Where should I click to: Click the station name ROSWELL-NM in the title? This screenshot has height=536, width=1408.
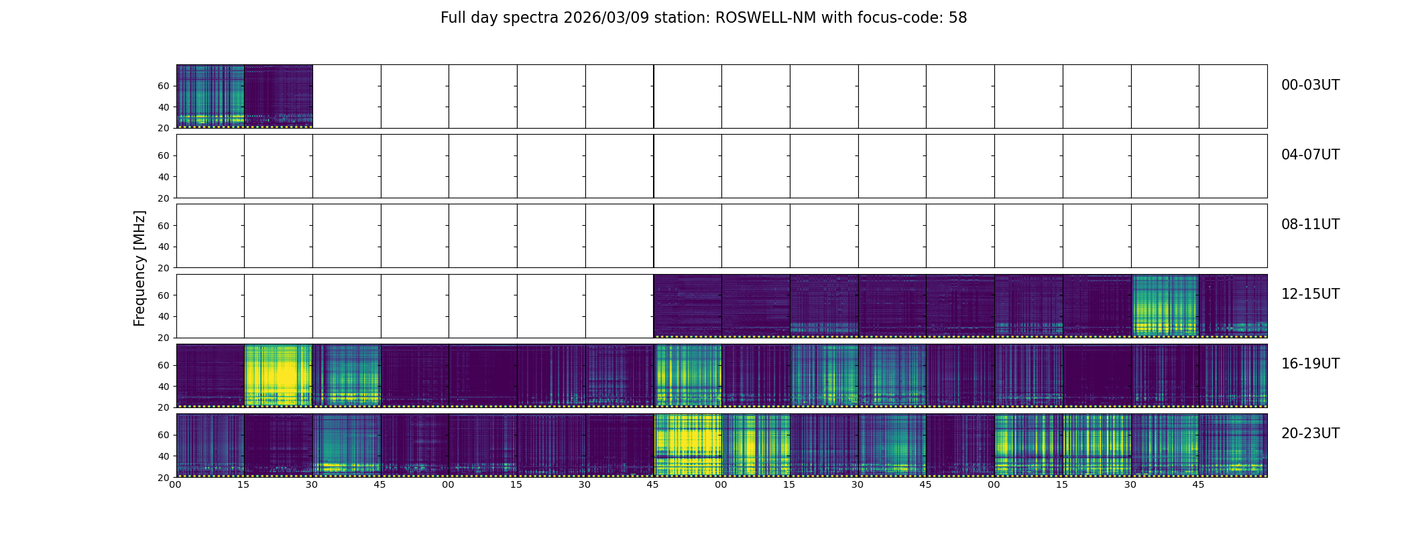click(766, 18)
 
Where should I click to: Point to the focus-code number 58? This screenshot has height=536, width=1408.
click(957, 18)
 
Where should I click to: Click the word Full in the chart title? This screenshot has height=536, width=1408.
click(453, 18)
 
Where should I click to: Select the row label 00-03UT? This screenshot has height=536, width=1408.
click(1310, 85)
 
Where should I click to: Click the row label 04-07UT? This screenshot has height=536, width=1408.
click(1310, 155)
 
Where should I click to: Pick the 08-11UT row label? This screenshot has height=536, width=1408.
click(1310, 224)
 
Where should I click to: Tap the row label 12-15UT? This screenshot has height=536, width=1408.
click(1310, 294)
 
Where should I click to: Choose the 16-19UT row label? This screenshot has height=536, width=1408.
click(1310, 364)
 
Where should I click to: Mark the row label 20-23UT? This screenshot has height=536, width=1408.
click(1310, 433)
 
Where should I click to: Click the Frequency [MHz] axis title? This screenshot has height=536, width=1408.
click(139, 268)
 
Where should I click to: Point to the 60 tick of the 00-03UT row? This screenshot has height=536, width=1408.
click(164, 86)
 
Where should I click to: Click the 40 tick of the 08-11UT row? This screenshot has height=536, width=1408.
click(164, 247)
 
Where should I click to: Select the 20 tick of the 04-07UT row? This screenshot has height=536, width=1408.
click(164, 198)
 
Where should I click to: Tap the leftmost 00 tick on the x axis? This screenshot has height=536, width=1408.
click(175, 484)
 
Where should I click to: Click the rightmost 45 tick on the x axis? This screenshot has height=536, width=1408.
click(1198, 484)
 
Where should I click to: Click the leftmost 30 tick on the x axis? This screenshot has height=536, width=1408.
click(312, 484)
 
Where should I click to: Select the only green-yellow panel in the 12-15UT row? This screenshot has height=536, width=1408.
click(1165, 306)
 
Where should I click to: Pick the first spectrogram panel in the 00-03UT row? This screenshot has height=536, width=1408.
click(210, 96)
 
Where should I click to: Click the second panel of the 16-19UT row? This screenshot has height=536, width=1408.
click(278, 375)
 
